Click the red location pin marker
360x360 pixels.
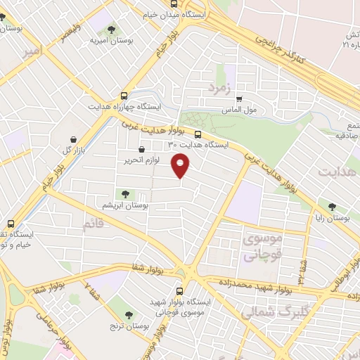pos(181,166)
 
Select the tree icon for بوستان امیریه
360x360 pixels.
pos(111,30)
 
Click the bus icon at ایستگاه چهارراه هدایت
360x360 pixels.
pos(124,95)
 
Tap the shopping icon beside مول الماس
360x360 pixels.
pos(240,99)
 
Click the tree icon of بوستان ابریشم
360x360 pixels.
pos(125,193)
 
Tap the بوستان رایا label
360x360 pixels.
pos(331,218)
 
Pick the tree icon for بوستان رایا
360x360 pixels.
pos(331,207)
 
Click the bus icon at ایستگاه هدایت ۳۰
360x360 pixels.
pos(198,134)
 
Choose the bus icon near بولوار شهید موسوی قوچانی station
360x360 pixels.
pos(179,290)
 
